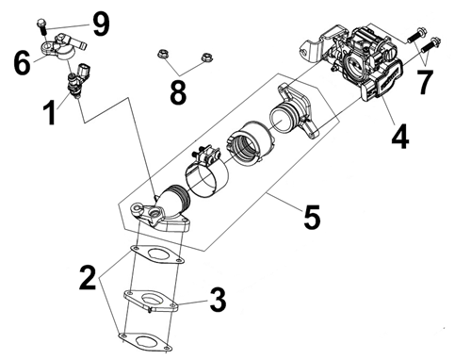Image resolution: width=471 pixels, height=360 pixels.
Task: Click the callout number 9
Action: coord(101,25)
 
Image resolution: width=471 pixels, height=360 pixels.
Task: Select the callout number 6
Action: coord(22,63)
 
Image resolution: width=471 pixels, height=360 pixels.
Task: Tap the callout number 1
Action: coord(50,113)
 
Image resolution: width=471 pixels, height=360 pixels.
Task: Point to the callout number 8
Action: coord(178,92)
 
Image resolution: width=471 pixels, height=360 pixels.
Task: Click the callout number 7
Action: coord(425,82)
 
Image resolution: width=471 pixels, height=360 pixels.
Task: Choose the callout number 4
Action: coord(400,136)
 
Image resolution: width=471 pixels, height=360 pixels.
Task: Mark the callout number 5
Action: coord(312,217)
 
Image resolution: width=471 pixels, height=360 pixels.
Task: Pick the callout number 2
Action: coord(88,277)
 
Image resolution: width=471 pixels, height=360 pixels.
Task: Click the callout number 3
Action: coord(218,301)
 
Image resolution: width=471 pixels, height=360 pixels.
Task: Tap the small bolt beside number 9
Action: coord(41,27)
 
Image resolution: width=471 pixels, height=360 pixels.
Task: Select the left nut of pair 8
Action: coord(163,55)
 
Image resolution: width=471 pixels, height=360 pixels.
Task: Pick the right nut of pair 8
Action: coord(207,57)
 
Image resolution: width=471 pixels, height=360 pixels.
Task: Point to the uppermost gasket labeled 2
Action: coord(157,254)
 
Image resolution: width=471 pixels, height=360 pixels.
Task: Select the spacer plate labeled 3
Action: coord(152,301)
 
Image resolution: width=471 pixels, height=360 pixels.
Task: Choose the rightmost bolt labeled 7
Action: coord(430,45)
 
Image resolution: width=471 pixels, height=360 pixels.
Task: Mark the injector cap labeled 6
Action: coord(62,47)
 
